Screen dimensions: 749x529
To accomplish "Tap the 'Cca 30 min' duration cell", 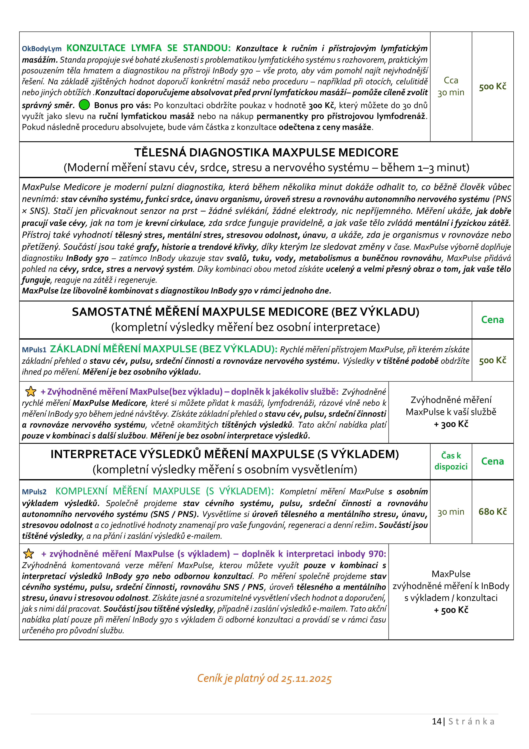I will click(451, 86).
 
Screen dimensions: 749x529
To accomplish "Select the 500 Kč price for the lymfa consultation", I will click(493, 86).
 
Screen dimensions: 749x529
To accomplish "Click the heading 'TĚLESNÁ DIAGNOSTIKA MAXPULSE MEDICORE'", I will click(266, 152).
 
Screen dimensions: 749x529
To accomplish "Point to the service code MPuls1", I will click(34, 350).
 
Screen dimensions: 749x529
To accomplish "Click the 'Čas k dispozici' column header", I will click(451, 461).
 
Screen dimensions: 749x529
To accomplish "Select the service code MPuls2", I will click(34, 492).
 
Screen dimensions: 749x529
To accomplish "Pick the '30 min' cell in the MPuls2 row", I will click(451, 512).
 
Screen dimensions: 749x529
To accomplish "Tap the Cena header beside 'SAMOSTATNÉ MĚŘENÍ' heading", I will click(493, 320).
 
